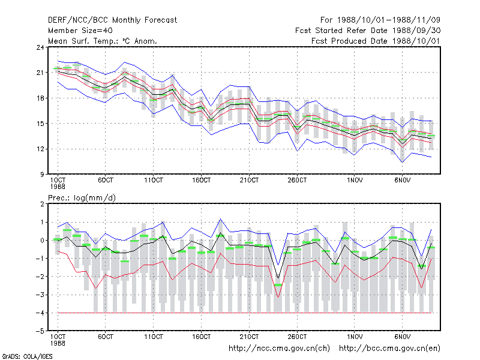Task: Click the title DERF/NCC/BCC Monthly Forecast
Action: (x=112, y=20)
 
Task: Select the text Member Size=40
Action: (x=80, y=31)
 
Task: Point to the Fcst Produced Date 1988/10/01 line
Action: (x=376, y=41)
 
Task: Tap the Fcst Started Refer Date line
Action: (x=368, y=31)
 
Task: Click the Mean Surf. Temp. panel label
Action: (x=103, y=41)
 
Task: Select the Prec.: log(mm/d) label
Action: (x=82, y=198)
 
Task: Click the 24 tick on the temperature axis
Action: (x=40, y=47)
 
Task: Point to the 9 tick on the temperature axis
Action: (x=41, y=175)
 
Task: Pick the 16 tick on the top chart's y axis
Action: (x=40, y=98)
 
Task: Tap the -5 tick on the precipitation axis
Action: (x=40, y=331)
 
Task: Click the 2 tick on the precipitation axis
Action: (x=42, y=204)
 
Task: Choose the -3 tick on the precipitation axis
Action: (x=40, y=295)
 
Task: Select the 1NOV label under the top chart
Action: (x=355, y=181)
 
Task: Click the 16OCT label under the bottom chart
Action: (x=202, y=337)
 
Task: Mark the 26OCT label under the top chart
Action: (x=297, y=181)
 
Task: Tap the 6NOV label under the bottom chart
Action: (x=402, y=337)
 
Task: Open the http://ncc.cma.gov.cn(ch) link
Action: (x=280, y=349)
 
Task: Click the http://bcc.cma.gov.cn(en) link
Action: (x=389, y=349)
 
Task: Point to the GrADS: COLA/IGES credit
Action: (x=27, y=356)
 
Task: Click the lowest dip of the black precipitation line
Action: (x=278, y=278)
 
